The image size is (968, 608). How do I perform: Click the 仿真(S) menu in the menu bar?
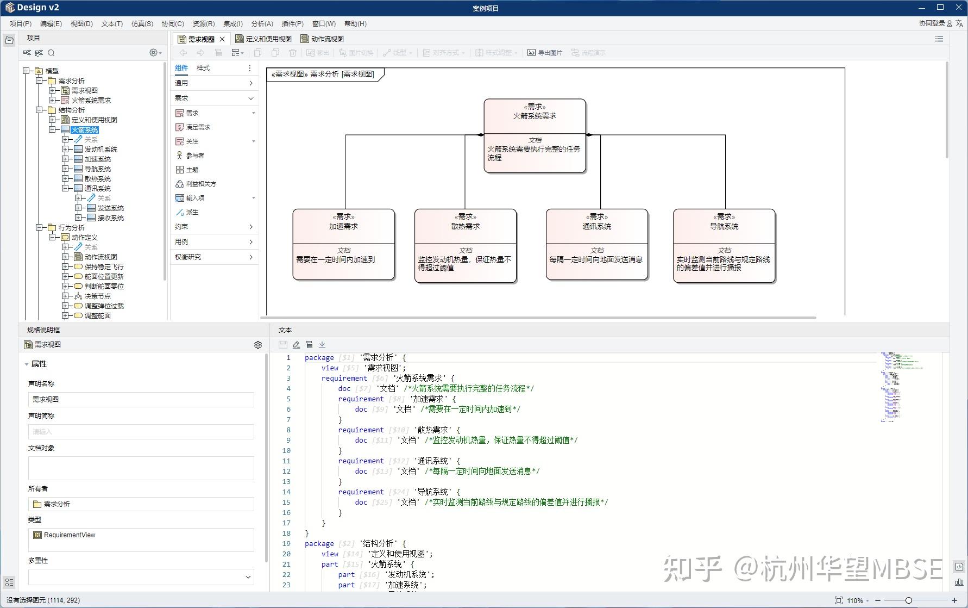(142, 23)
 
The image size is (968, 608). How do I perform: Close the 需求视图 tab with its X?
(222, 39)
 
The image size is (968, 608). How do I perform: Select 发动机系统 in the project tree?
(100, 149)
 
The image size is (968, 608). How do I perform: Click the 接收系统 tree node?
(110, 218)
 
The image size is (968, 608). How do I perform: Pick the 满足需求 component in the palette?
(198, 127)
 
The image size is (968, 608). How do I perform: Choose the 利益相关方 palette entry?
(200, 184)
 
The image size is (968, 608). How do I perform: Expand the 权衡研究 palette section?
(214, 257)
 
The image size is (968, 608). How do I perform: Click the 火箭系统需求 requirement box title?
(535, 116)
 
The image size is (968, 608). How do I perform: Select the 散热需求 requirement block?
(465, 226)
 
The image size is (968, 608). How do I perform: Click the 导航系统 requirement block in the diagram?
(724, 226)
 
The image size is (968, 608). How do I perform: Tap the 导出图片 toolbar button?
(545, 53)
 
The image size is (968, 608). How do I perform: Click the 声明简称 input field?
(141, 432)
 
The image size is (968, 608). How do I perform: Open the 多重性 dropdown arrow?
(248, 577)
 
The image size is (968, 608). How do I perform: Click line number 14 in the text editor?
(286, 492)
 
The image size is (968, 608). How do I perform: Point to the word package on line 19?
(319, 543)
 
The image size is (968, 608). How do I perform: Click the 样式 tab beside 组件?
(203, 68)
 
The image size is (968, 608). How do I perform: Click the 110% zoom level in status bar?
(854, 600)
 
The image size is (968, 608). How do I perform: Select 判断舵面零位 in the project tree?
(104, 286)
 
